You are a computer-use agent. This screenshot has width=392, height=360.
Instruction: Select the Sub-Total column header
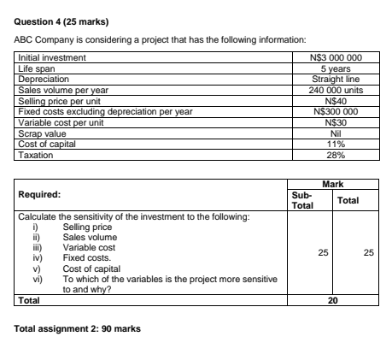point(301,200)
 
